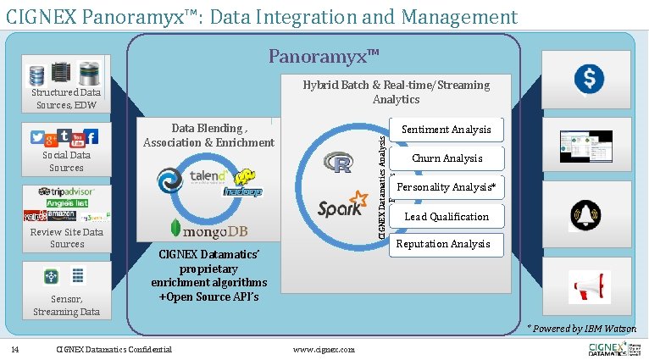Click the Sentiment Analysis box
click(x=447, y=130)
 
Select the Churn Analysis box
click(x=447, y=158)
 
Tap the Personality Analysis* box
click(x=446, y=187)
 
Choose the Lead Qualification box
click(x=447, y=216)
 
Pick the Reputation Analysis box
click(x=444, y=244)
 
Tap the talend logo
click(x=208, y=177)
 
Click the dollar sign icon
click(x=588, y=79)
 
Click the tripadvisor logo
click(x=65, y=192)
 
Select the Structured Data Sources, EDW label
click(x=66, y=99)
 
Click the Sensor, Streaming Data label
click(x=66, y=306)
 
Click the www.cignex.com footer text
click(x=323, y=349)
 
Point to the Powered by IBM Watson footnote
click(x=581, y=329)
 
